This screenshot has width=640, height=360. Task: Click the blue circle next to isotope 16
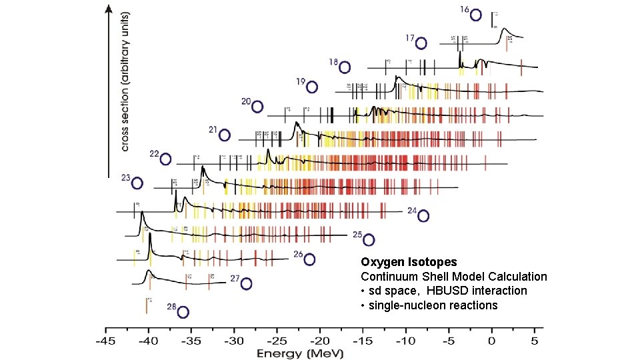point(476,14)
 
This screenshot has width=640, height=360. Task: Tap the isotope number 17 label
point(410,37)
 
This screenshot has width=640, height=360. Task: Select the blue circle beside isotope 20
point(257,107)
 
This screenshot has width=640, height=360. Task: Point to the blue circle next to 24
point(423,216)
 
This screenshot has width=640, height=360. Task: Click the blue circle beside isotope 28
point(183,312)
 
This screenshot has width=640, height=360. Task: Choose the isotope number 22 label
point(154,154)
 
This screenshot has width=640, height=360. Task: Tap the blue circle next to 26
point(309,259)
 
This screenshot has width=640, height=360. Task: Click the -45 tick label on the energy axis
point(105,340)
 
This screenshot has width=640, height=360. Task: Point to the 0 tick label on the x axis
point(492,340)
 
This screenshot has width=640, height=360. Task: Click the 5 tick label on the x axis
point(535,340)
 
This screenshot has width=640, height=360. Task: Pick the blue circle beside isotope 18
point(345,67)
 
